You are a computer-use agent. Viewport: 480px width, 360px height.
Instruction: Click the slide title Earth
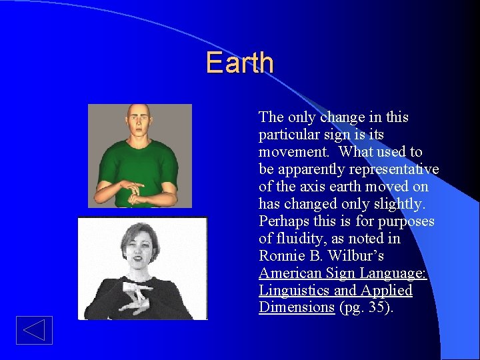tap(239, 63)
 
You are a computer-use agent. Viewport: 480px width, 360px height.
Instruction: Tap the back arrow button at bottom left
tap(34, 331)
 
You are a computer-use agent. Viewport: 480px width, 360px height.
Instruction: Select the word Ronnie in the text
tap(281, 256)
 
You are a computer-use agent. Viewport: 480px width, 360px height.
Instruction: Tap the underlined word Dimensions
tap(297, 307)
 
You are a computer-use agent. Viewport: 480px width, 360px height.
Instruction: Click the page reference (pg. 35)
tap(366, 307)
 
